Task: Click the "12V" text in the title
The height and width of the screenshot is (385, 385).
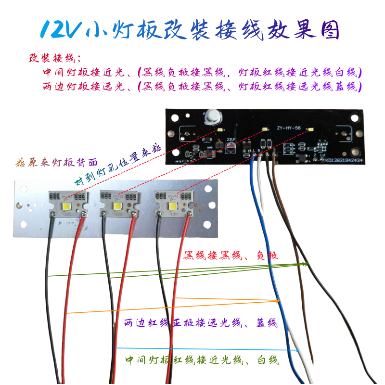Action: (x=60, y=30)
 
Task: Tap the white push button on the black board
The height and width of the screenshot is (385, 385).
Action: (x=210, y=117)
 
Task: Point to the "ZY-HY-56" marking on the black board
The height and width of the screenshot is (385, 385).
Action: (x=289, y=128)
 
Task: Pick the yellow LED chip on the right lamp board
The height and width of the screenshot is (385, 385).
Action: (x=170, y=205)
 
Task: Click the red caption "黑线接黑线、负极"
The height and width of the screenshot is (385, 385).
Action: (x=231, y=255)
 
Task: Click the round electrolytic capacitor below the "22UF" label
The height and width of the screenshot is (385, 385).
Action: (x=231, y=149)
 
